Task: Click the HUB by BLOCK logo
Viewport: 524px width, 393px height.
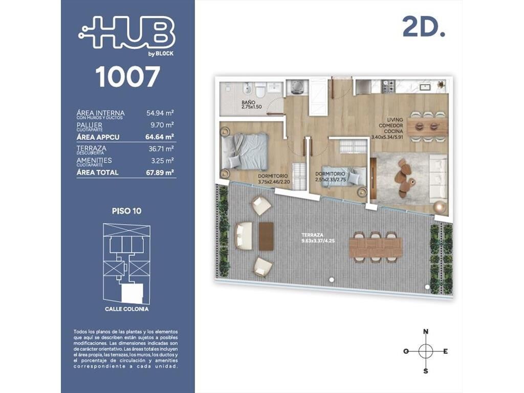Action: pos(126,35)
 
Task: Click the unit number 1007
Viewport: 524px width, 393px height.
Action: pos(127,77)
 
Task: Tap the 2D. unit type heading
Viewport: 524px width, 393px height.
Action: pos(424,27)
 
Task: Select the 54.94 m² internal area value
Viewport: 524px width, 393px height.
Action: pos(160,113)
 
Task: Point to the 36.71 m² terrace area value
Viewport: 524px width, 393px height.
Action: pos(161,149)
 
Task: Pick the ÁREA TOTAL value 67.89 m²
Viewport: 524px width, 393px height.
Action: pos(160,172)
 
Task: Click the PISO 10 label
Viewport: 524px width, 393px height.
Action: pos(127,211)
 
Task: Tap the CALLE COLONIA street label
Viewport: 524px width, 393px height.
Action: pos(127,309)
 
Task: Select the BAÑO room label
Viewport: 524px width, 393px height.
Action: pos(249,102)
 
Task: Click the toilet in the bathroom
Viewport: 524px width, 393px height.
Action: pos(260,90)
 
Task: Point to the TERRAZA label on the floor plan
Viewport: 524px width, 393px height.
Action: pos(312,235)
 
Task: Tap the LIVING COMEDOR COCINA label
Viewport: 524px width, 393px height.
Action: pos(395,125)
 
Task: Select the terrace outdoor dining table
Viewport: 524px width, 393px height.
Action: pos(375,248)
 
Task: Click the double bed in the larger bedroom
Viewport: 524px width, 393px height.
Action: pos(245,151)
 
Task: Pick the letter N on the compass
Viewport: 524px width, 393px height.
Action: pos(426,332)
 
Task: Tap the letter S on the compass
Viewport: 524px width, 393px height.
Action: pos(426,371)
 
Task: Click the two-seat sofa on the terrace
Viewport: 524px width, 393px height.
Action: pos(244,236)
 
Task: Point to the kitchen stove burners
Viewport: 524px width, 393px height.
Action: pos(389,86)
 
